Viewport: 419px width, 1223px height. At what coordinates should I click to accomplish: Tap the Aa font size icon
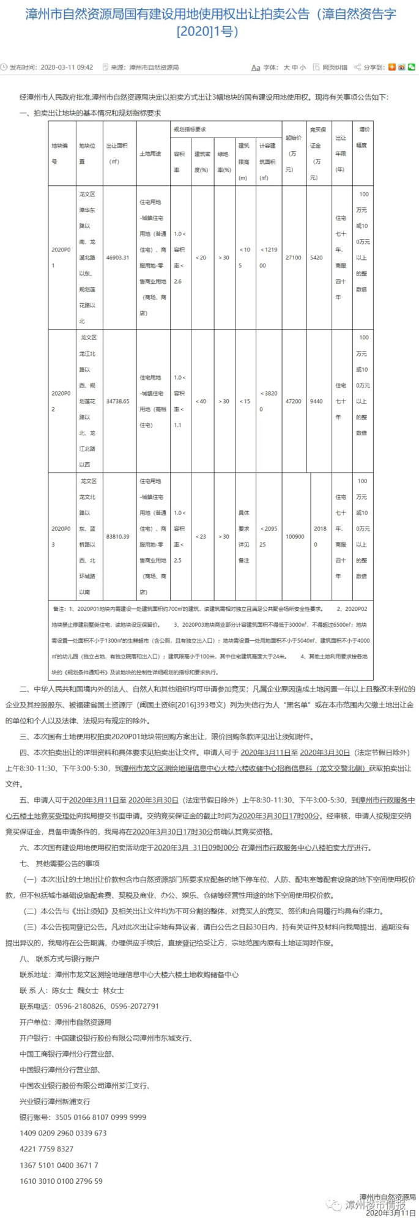pyautogui.click(x=256, y=67)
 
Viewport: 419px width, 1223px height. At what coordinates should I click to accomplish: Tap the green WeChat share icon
pyautogui.click(x=412, y=67)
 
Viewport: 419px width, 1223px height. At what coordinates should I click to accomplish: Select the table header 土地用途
pyautogui.click(x=150, y=154)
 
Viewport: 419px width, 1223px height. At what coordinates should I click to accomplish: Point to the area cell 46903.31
pyautogui.click(x=117, y=258)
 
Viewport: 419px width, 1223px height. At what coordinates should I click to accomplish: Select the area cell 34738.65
pyautogui.click(x=117, y=402)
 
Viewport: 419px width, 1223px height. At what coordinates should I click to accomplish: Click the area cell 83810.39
pyautogui.click(x=117, y=536)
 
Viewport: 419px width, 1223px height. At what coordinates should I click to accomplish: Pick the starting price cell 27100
pyautogui.click(x=294, y=258)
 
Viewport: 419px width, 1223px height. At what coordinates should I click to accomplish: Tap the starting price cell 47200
pyautogui.click(x=294, y=402)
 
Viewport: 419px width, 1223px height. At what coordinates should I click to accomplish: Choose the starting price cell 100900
pyautogui.click(x=295, y=536)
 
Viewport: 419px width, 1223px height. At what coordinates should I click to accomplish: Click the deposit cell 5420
pyautogui.click(x=316, y=258)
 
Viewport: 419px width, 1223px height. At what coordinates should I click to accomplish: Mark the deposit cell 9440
pyautogui.click(x=316, y=402)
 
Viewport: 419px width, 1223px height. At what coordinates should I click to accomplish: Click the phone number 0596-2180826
pyautogui.click(x=78, y=1006)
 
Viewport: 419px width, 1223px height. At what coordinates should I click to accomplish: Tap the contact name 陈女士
pyautogui.click(x=62, y=990)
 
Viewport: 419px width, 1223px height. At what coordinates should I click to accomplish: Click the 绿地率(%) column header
pyautogui.click(x=223, y=162)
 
